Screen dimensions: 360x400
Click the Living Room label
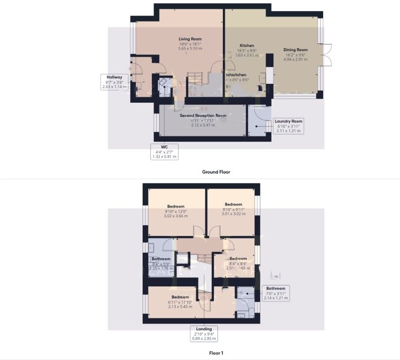coord(189,39)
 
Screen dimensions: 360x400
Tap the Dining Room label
coord(295,50)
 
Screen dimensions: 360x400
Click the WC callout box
coord(164,152)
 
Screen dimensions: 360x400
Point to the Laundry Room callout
coord(288,126)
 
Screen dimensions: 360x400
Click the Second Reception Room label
coord(203,115)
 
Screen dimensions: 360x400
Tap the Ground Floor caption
coord(216,172)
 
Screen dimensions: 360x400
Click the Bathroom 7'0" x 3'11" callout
coord(275,293)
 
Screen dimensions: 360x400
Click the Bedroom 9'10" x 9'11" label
coord(233,204)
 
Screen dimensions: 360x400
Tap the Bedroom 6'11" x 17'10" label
coord(180,297)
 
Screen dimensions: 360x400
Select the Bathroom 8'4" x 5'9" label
coord(161,259)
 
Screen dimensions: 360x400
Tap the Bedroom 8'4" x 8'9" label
coord(238,258)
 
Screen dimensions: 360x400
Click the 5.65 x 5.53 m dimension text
coord(189,49)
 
